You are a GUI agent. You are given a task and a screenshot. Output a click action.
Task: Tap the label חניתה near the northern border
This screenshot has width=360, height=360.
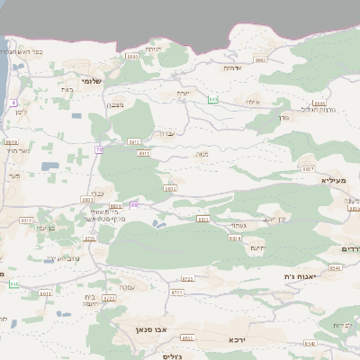[x=153, y=49]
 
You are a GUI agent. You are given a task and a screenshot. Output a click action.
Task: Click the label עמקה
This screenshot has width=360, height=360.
[x=128, y=286]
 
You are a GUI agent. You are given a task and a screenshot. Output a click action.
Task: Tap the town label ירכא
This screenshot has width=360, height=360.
[x=238, y=339]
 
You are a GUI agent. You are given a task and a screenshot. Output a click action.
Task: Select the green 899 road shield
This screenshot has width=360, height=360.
[x=213, y=99]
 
